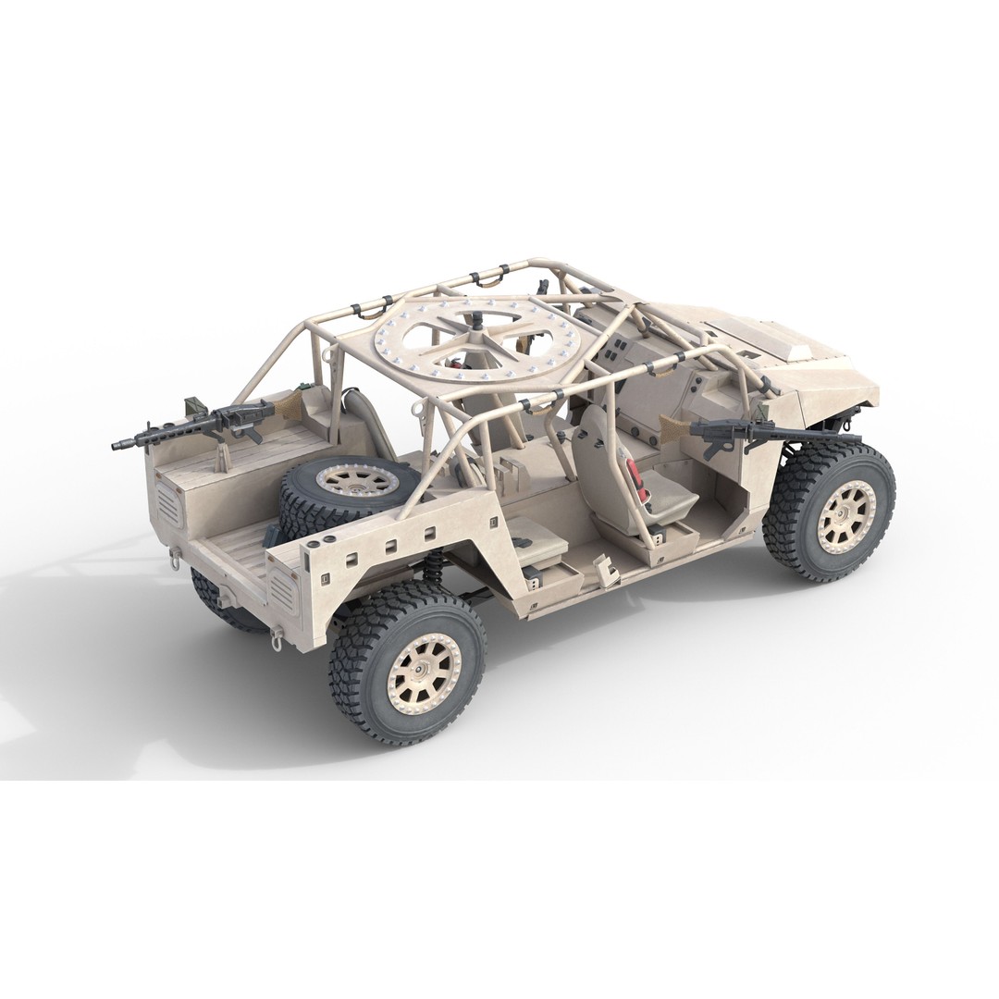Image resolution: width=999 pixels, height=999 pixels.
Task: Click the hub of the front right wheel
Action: tap(845, 516)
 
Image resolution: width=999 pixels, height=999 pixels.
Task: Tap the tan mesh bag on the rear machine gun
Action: tap(290, 401)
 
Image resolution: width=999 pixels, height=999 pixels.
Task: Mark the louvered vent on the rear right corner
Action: tap(282, 589)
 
